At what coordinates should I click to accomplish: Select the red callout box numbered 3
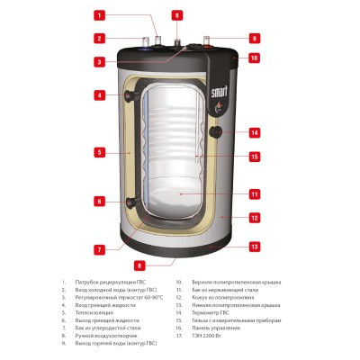pyautogui.click(x=99, y=61)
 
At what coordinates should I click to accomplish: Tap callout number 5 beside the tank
pyautogui.click(x=99, y=153)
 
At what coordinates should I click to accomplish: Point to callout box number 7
pyautogui.click(x=99, y=248)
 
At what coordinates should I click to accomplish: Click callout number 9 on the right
pyautogui.click(x=254, y=38)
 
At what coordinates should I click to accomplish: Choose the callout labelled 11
pyautogui.click(x=254, y=193)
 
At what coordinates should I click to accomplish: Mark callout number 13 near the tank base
pyautogui.click(x=254, y=247)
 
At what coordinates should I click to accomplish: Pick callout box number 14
pyautogui.click(x=254, y=133)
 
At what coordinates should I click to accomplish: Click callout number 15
pyautogui.click(x=254, y=157)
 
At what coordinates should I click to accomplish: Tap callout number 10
pyautogui.click(x=254, y=58)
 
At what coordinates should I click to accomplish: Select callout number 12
pyautogui.click(x=254, y=217)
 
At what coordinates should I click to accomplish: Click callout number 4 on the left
pyautogui.click(x=99, y=94)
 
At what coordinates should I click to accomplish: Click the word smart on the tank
pyautogui.click(x=218, y=91)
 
